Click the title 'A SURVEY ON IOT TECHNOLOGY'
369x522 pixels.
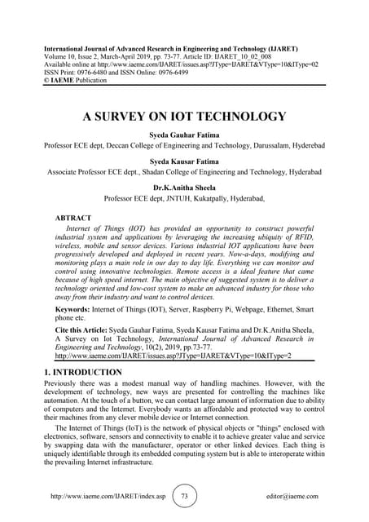click(184, 117)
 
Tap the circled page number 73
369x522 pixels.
click(184, 495)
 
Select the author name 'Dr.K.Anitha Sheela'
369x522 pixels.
click(184, 187)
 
